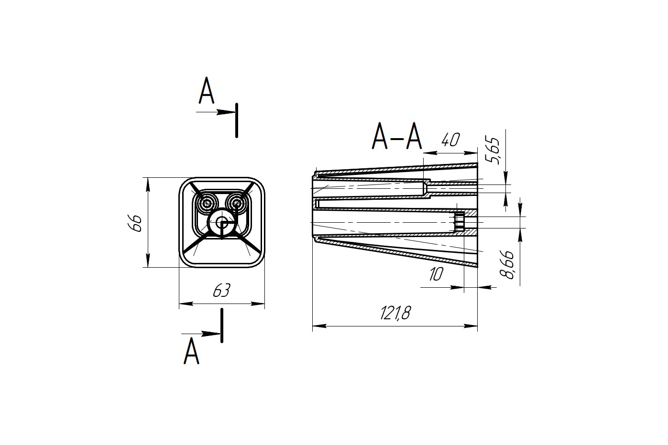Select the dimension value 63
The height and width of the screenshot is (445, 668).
(222, 290)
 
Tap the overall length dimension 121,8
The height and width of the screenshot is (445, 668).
(395, 313)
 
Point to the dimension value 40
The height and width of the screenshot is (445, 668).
(450, 140)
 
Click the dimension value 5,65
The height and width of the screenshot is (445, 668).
(493, 150)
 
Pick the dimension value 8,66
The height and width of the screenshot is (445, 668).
(507, 265)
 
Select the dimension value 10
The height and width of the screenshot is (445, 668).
(436, 274)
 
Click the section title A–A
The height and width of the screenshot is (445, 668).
(397, 136)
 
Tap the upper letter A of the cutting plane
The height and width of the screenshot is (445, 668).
(207, 90)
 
